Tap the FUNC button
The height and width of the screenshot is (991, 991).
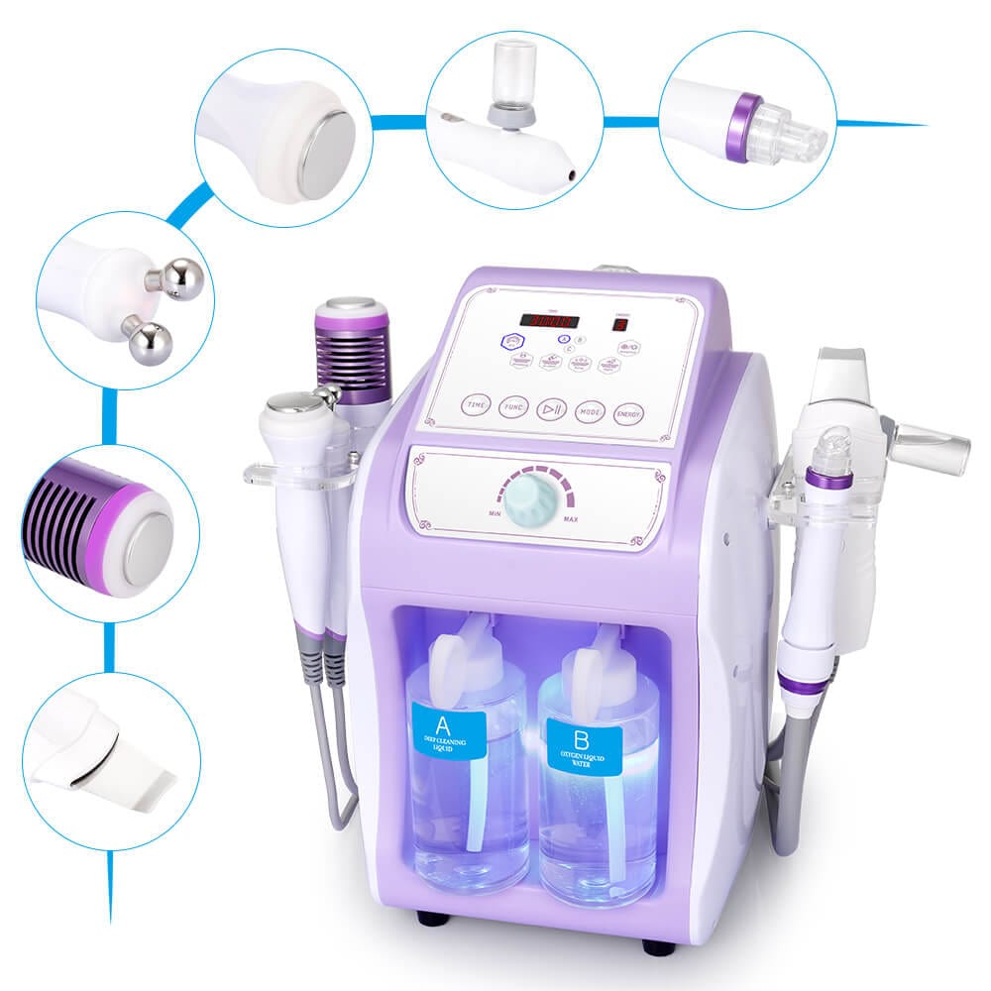(513, 406)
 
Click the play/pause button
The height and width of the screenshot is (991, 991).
(551, 408)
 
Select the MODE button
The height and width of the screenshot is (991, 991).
(590, 410)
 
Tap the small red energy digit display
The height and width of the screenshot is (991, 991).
(620, 324)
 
